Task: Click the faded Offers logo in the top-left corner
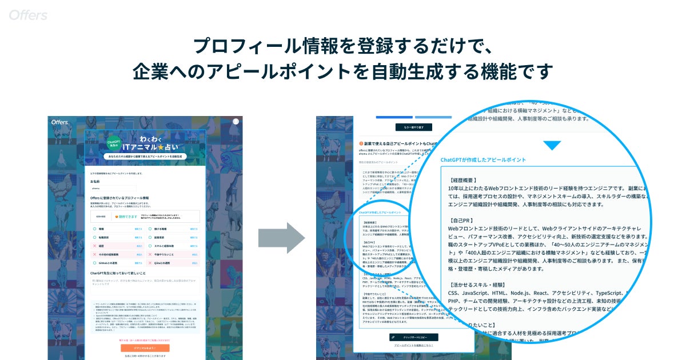click(x=28, y=15)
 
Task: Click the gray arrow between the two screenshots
click(x=281, y=237)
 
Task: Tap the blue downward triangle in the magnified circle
click(x=552, y=145)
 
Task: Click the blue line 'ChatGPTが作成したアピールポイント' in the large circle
click(x=484, y=160)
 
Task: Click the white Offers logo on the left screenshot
click(x=60, y=122)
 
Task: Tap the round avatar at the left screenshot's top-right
click(x=236, y=121)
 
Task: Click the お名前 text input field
click(x=113, y=187)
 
